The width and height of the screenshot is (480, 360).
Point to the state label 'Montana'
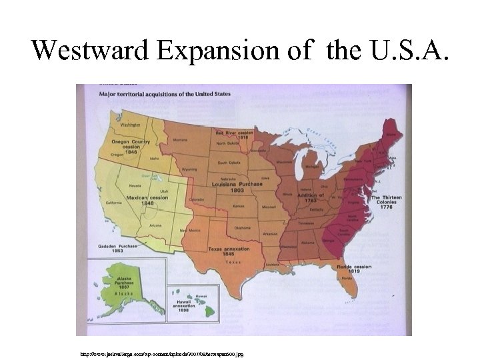point(180,139)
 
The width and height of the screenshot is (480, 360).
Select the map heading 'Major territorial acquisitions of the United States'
point(165,94)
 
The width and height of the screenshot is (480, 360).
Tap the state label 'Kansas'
point(238,207)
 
